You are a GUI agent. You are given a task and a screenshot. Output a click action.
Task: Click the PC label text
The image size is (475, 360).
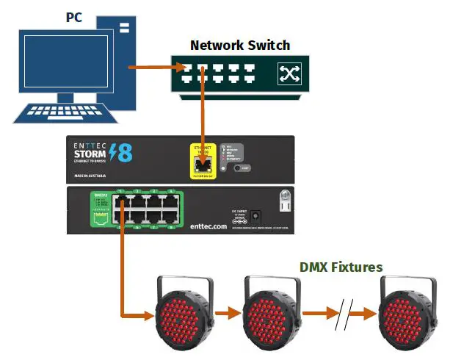point(75,16)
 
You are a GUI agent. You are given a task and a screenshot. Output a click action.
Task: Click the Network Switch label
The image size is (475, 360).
point(239,45)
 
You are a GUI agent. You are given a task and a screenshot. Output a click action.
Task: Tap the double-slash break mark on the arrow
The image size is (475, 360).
point(341,314)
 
